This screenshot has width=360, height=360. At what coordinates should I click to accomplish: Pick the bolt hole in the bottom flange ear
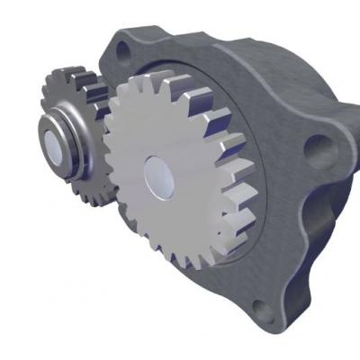coord(262,310)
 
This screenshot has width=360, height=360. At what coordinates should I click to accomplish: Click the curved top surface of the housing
coord(225,40)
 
